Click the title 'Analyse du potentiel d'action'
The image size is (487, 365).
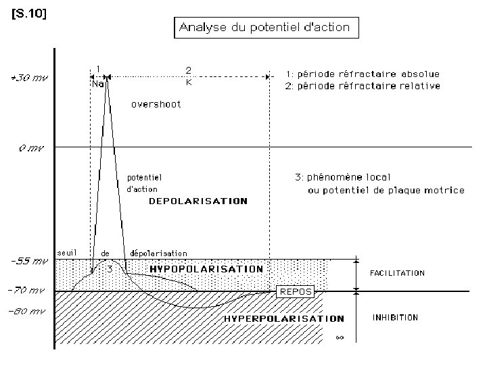click(x=264, y=28)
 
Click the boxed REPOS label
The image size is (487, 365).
click(x=296, y=291)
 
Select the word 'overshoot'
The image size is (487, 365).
click(x=156, y=105)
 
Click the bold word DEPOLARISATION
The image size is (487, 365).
click(x=198, y=201)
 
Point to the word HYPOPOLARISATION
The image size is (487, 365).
click(x=206, y=268)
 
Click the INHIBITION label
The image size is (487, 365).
click(x=396, y=317)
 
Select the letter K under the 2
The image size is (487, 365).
click(x=189, y=83)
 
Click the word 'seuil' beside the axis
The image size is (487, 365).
click(x=66, y=252)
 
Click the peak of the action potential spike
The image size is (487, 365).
click(x=106, y=80)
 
